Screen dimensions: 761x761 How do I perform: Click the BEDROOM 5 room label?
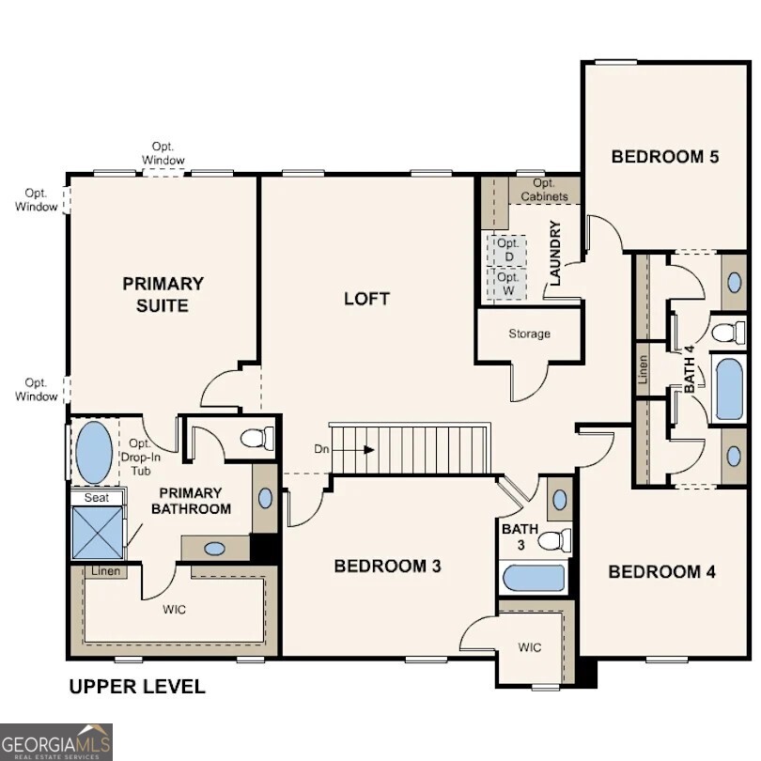[664, 156]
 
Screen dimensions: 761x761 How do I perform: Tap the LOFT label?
[366, 299]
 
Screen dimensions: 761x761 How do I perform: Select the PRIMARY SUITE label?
[163, 293]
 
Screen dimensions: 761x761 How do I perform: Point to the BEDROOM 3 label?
[388, 566]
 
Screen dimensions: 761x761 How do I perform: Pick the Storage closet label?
[529, 334]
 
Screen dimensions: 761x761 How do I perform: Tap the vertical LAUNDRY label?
[555, 253]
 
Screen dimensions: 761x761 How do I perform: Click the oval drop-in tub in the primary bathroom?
[93, 452]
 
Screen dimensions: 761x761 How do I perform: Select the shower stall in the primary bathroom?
[98, 533]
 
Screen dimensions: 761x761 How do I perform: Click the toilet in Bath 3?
[555, 540]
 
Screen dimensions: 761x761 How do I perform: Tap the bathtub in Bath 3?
[533, 578]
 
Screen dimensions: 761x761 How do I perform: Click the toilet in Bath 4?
[727, 332]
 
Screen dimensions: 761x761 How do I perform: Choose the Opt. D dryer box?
[508, 250]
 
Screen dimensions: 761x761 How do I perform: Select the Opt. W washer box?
[508, 284]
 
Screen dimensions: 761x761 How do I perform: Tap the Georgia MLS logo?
[56, 741]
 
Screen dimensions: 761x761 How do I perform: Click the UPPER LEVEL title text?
[137, 687]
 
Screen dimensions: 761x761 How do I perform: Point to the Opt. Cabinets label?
[543, 190]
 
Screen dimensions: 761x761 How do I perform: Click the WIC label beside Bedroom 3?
[530, 647]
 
